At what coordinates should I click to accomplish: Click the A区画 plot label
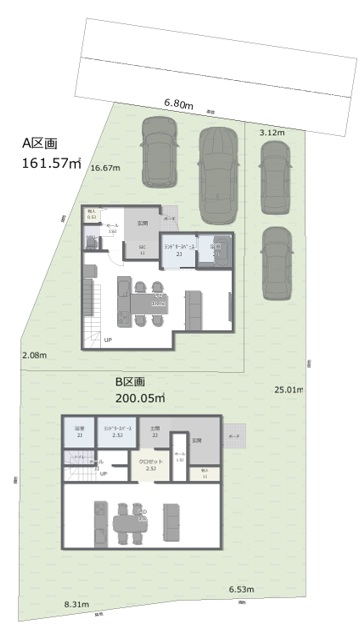41,143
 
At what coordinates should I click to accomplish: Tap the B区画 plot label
131,382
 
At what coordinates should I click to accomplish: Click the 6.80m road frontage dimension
178,103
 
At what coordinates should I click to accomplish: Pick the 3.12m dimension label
272,132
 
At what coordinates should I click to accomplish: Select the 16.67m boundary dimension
105,168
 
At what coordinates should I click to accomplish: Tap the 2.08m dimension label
35,355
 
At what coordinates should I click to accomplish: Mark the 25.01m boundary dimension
289,389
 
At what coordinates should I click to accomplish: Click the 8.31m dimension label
77,605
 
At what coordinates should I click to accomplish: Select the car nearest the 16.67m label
160,152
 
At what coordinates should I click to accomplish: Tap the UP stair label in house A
107,340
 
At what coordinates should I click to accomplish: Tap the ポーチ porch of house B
235,437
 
